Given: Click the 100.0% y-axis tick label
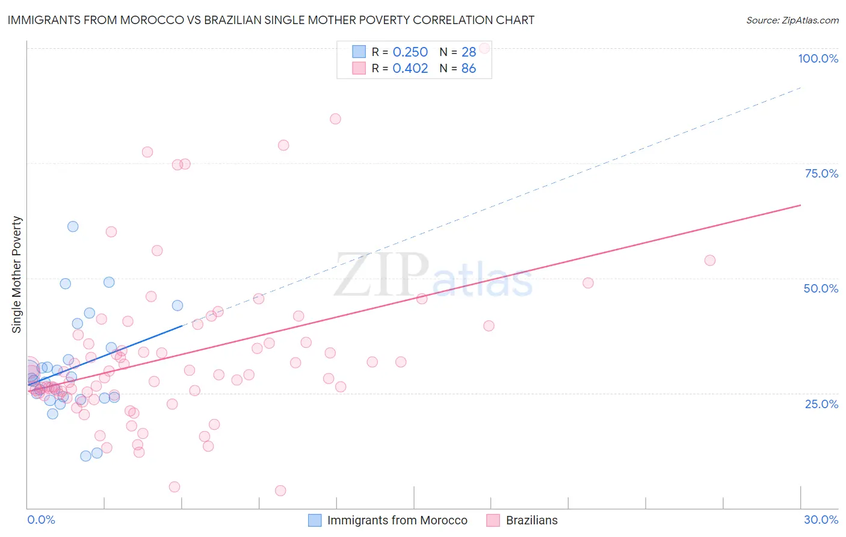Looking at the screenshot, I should [818, 58].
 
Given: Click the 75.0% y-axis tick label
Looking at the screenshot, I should [821, 173].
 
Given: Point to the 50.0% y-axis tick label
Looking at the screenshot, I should [821, 288].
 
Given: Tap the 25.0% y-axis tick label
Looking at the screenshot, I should [821, 403].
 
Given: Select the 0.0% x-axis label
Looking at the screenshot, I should [41, 520].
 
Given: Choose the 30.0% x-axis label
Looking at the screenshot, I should [821, 520].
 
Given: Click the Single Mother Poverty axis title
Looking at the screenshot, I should [16, 275].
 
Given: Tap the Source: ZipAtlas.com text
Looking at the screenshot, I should [792, 20].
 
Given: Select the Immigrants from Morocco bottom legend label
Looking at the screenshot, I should [397, 520].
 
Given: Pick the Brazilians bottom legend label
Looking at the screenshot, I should [531, 520].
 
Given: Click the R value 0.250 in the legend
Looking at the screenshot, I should [410, 52].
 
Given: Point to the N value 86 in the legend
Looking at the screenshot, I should [468, 69].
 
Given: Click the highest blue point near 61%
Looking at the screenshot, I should [73, 226].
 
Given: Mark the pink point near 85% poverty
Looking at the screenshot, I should [335, 119].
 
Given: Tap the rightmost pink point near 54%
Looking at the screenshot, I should [709, 260].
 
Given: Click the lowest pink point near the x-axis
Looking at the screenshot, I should [280, 491].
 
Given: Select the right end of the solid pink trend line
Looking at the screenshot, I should [800, 205].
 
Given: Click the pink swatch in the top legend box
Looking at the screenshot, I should [359, 68].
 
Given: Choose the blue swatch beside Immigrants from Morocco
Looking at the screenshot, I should [315, 520].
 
